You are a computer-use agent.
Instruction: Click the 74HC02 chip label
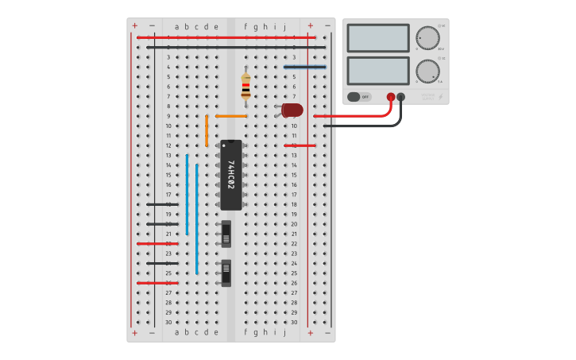pyautogui.click(x=231, y=175)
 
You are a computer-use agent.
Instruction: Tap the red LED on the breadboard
pyautogui.click(x=292, y=110)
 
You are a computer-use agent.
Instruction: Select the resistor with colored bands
pyautogui.click(x=245, y=86)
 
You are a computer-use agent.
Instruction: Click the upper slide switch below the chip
pyautogui.click(x=226, y=234)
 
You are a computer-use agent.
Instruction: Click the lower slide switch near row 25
pyautogui.click(x=226, y=273)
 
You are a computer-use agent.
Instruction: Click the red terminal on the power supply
pyautogui.click(x=391, y=97)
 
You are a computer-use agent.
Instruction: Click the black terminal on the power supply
pyautogui.click(x=400, y=97)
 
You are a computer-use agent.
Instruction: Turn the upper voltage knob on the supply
pyautogui.click(x=427, y=38)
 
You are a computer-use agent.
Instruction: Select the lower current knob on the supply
pyautogui.click(x=427, y=72)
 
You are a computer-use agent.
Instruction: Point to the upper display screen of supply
pyautogui.click(x=378, y=37)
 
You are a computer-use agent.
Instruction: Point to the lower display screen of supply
pyautogui.click(x=378, y=71)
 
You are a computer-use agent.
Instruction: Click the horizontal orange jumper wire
pyautogui.click(x=231, y=116)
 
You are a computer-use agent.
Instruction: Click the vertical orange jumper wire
pyautogui.click(x=207, y=130)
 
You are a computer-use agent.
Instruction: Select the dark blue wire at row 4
pyautogui.click(x=304, y=67)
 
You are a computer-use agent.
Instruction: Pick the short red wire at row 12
pyautogui.click(x=300, y=145)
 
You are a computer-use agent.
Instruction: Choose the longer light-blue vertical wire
pyautogui.click(x=197, y=219)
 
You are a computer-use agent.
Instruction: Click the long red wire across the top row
pyautogui.click(x=226, y=37)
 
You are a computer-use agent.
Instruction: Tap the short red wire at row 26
pyautogui.click(x=157, y=283)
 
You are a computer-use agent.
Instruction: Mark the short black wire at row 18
pyautogui.click(x=162, y=204)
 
